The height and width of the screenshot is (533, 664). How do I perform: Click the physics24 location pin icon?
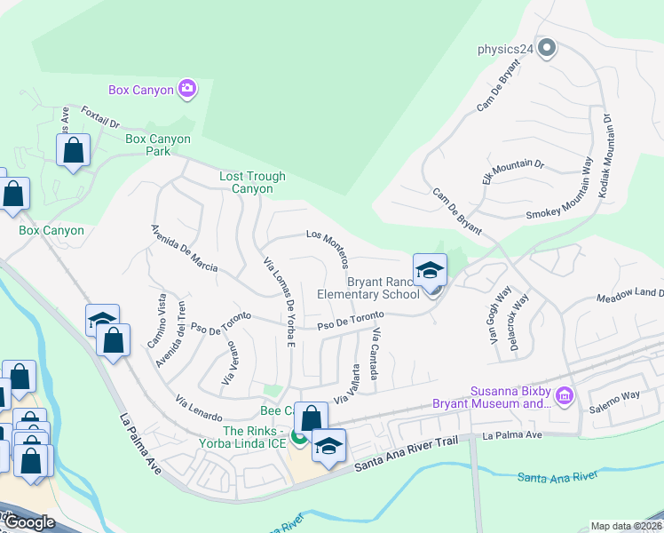[547, 48]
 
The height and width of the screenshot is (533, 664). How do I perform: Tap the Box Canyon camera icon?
[187, 88]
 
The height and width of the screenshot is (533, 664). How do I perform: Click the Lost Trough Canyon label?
[252, 182]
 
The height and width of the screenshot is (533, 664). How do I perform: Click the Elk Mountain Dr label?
[512, 171]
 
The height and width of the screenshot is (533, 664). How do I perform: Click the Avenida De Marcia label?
[184, 250]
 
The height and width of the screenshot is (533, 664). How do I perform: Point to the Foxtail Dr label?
[99, 118]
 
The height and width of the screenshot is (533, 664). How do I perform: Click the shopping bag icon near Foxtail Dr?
[73, 149]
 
